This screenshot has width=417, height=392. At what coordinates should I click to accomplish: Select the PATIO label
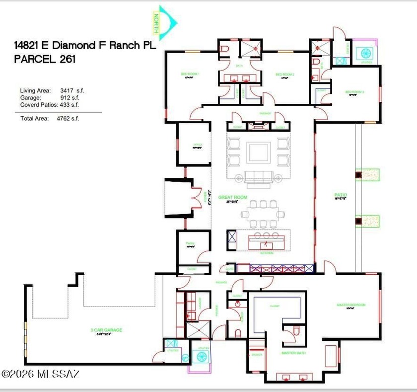coord(341,195)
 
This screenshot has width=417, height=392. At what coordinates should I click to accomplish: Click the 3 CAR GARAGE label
coord(106,330)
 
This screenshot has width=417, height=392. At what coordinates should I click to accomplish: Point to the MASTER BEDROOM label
coord(351,305)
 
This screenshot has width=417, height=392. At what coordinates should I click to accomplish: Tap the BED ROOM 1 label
coord(192,74)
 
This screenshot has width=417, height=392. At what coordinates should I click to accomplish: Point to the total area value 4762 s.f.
coord(70,118)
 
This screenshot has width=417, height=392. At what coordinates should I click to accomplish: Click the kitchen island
coord(269,243)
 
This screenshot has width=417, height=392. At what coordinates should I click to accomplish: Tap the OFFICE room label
coord(198,147)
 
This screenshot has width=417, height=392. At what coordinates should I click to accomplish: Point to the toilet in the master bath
coord(296,330)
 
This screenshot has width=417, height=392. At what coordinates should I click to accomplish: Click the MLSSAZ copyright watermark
coord(40,373)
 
